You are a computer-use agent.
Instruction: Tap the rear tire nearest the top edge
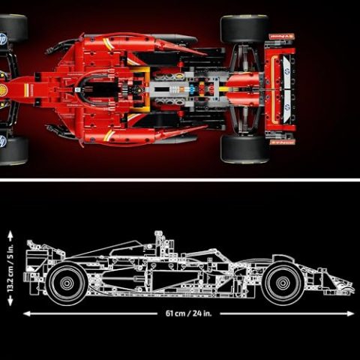pyautogui.click(x=244, y=28)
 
